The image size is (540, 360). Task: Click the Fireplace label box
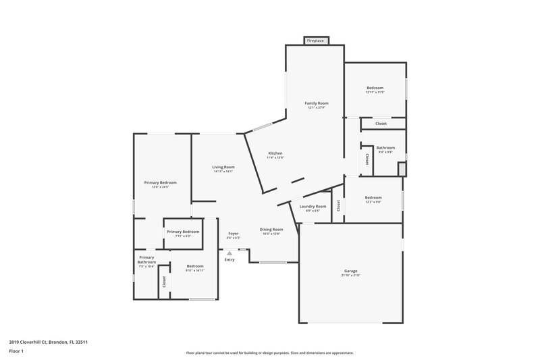pos(316,41)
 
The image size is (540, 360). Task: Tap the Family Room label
pos(317,103)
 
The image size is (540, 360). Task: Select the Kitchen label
pos(275,153)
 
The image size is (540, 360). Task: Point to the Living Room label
pos(223,167)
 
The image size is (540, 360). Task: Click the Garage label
pos(350,271)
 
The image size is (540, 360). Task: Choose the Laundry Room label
pos(313,206)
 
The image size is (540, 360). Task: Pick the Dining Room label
pos(271,230)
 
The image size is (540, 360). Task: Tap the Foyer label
pos(234,233)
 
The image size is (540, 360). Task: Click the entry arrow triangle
pos(230,253)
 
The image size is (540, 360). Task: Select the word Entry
pos(230,260)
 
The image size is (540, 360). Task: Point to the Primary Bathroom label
pos(146,259)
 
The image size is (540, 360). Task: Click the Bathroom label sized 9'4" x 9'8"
pos(385,148)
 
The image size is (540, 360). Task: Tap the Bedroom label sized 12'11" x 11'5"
pos(375,88)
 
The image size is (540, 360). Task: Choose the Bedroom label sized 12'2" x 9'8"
pos(373,198)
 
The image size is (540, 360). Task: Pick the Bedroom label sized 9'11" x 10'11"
pos(195,266)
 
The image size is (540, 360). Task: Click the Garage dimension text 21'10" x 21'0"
pos(350,276)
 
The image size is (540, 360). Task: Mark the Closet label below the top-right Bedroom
pos(381,124)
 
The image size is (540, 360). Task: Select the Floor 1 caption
pos(16,352)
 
